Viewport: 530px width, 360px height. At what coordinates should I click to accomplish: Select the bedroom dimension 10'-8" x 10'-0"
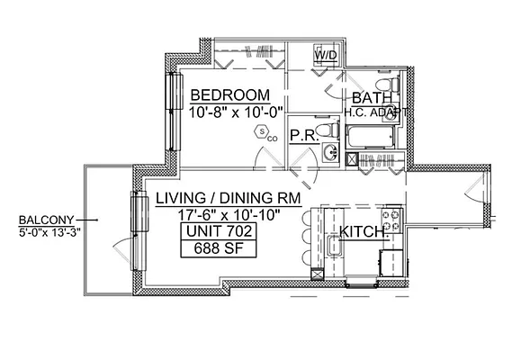tap(236, 112)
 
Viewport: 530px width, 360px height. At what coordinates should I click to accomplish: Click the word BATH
tap(371, 97)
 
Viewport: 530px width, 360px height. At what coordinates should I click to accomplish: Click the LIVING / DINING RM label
tap(228, 198)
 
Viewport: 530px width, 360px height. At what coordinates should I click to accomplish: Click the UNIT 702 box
tap(215, 231)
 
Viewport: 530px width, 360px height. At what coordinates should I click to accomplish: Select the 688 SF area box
tap(215, 249)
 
